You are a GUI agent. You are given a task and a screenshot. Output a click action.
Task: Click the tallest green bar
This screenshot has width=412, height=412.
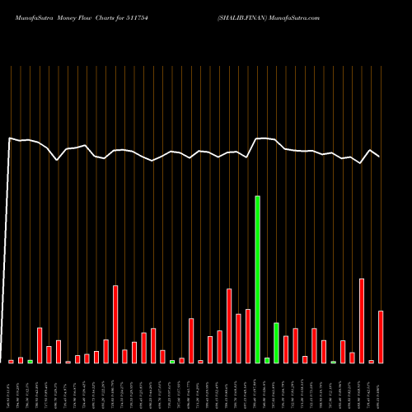click(257, 279)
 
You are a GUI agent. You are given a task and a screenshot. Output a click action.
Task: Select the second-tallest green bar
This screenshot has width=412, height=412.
click(276, 343)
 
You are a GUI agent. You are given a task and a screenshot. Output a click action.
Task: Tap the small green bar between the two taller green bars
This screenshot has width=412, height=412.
click(267, 360)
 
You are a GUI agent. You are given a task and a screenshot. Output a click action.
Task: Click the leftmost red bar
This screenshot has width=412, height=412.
click(11, 361)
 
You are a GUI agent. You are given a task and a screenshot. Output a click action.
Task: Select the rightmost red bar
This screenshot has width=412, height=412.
click(381, 336)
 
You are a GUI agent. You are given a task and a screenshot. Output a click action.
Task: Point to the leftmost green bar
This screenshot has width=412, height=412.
click(30, 361)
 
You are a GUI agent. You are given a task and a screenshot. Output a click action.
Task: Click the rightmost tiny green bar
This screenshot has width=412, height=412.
click(333, 362)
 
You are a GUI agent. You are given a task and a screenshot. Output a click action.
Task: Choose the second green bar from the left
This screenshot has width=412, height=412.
click(172, 361)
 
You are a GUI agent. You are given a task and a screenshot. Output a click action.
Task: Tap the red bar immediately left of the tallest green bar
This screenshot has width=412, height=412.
click(248, 335)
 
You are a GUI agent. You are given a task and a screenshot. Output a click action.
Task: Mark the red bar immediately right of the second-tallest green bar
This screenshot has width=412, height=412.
click(286, 349)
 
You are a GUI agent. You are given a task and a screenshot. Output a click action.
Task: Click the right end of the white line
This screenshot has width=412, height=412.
click(379, 156)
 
